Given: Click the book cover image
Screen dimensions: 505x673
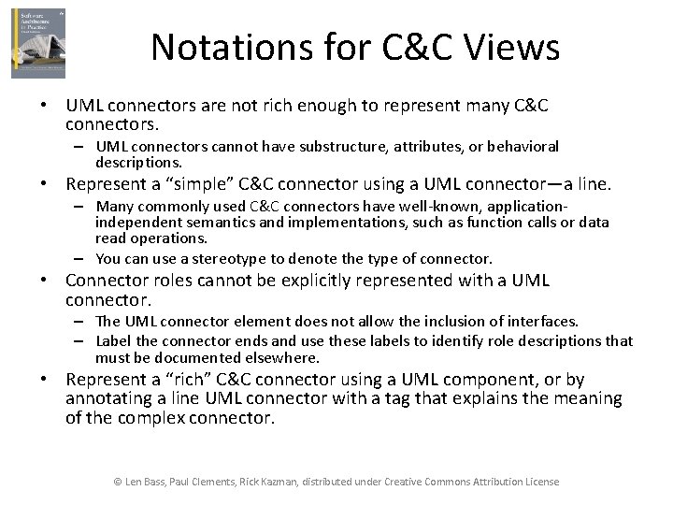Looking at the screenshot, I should click(x=38, y=44).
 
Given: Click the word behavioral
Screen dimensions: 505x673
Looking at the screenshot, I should click(x=514, y=146).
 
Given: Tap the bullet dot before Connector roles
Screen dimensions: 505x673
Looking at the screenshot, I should click(x=44, y=281).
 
